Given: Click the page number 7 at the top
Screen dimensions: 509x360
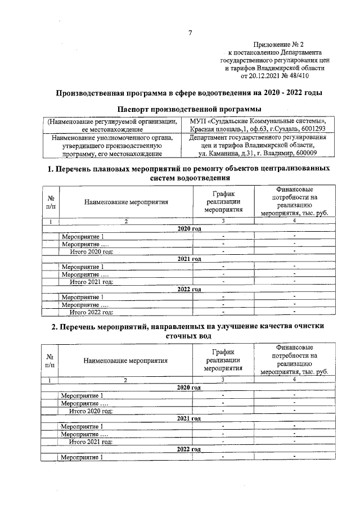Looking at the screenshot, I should click(190, 33).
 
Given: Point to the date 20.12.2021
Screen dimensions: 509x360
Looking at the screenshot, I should click(265, 75).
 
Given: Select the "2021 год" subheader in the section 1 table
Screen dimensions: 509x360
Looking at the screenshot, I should click(189, 259).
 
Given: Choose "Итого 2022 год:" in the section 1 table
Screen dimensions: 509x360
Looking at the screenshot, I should click(91, 311).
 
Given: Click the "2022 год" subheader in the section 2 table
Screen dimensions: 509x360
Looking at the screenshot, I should click(189, 449).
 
